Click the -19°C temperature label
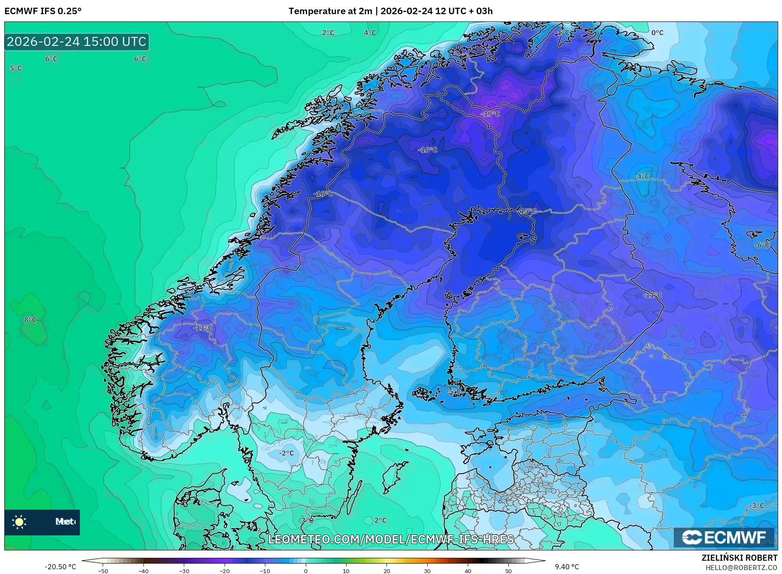tap(490, 114)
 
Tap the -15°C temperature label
tap(527, 211)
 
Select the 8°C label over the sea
tap(30, 320)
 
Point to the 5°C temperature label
tap(16, 68)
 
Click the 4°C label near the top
tap(370, 33)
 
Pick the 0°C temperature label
tap(657, 33)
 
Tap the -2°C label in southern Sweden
tap(286, 453)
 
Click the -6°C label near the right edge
tap(762, 245)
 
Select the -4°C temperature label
tap(642, 176)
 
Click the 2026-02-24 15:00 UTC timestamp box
tap(77, 42)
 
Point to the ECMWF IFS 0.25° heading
tap(43, 11)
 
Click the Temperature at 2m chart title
tap(390, 11)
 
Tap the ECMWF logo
tap(724, 537)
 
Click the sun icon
tap(19, 522)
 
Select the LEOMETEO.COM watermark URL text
tap(391, 539)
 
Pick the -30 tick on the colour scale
tap(184, 571)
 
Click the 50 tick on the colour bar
tap(508, 571)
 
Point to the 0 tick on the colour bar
tap(306, 571)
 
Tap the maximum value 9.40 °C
tap(567, 567)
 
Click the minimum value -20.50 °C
tap(61, 567)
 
